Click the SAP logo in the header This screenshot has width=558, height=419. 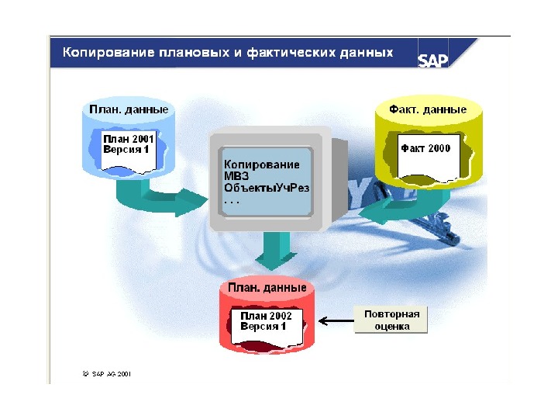433,61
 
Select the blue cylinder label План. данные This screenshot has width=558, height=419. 129,109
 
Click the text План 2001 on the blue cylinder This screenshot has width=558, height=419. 127,137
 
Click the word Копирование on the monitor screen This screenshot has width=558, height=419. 262,164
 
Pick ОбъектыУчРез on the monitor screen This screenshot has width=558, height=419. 266,188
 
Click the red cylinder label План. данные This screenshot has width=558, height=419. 267,288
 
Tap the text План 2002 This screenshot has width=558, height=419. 266,316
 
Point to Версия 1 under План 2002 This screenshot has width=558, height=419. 263,327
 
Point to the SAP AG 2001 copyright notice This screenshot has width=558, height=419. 108,373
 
